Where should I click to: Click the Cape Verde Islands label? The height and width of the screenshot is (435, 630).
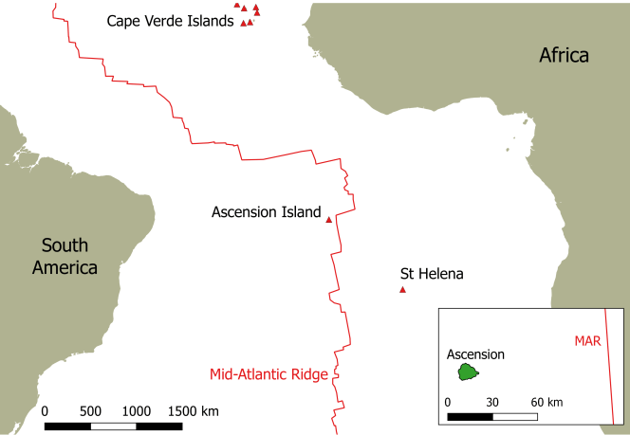click(170, 21)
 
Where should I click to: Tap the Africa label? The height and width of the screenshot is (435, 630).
click(564, 55)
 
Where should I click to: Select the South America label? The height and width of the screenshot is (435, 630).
click(65, 255)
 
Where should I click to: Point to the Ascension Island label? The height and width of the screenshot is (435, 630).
click(267, 212)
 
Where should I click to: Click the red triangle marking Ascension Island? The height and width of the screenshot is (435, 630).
click(329, 220)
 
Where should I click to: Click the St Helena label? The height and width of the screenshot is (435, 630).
click(432, 274)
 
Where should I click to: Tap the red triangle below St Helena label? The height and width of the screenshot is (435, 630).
click(402, 290)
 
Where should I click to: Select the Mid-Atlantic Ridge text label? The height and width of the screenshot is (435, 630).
click(269, 374)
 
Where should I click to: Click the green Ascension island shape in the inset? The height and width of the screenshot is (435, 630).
click(467, 372)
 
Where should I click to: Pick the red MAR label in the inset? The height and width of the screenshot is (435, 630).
click(587, 340)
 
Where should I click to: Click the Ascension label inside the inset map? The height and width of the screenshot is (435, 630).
click(475, 354)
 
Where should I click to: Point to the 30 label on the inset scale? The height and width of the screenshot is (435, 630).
click(492, 402)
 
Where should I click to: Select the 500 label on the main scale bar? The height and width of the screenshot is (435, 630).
click(90, 411)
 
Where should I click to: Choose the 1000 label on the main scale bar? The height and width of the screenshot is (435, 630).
click(137, 411)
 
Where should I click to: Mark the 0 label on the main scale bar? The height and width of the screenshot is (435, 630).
click(45, 411)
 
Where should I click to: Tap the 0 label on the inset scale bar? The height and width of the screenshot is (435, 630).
click(447, 402)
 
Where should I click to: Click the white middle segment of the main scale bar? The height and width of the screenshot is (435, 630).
click(114, 425)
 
